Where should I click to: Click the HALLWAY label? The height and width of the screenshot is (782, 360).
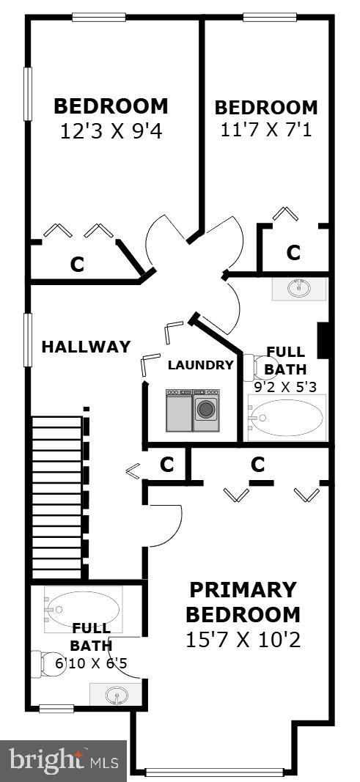pyautogui.click(x=86, y=347)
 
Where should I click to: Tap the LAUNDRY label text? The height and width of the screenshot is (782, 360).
pyautogui.click(x=200, y=365)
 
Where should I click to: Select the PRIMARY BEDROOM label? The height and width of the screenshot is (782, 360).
pyautogui.click(x=243, y=602)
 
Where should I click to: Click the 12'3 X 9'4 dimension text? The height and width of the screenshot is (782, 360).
pyautogui.click(x=111, y=131)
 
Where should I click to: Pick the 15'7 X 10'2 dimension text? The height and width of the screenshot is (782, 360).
pyautogui.click(x=243, y=640)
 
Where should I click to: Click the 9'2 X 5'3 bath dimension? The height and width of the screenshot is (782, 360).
pyautogui.click(x=285, y=386)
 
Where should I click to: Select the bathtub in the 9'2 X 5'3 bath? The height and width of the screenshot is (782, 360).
pyautogui.click(x=286, y=418)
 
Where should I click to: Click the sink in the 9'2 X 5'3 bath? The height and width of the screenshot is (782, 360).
pyautogui.click(x=299, y=289)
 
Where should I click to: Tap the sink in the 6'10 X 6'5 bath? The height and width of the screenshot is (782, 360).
pyautogui.click(x=116, y=693)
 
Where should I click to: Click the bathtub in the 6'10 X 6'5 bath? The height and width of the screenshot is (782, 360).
pyautogui.click(x=82, y=609)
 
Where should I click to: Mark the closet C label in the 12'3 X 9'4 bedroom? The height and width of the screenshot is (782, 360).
pyautogui.click(x=76, y=265)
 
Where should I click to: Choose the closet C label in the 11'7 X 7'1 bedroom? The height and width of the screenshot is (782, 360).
pyautogui.click(x=293, y=253)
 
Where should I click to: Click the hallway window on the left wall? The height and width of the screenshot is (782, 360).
pyautogui.click(x=28, y=339)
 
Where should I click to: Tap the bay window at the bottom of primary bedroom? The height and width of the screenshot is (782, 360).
pyautogui.click(x=215, y=771)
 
